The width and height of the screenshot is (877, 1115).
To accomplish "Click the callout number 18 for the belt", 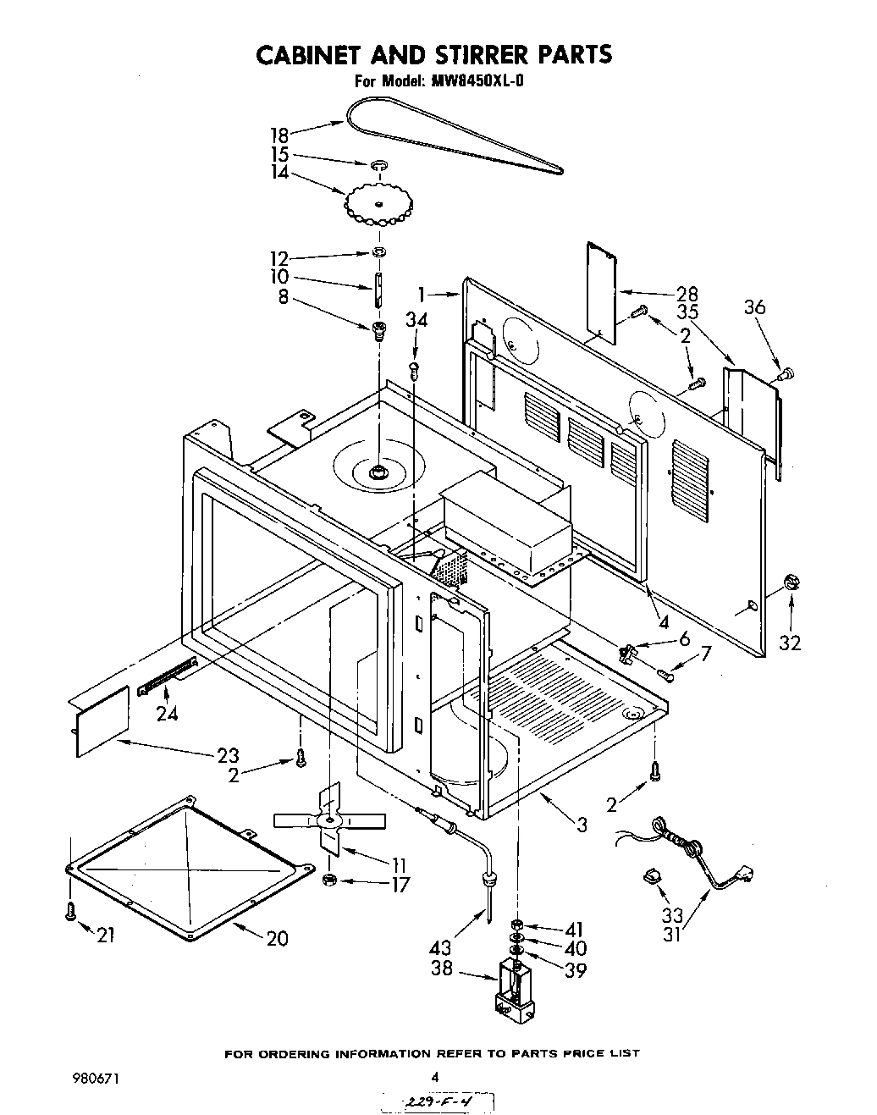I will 279,135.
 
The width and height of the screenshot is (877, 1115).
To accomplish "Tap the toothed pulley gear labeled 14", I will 378,202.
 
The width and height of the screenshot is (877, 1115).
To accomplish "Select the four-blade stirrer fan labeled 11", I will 329,819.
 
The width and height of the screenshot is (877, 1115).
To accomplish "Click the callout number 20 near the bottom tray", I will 277,938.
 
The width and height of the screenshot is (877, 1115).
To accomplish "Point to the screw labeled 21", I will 70,911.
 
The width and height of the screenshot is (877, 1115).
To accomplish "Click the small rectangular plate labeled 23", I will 102,720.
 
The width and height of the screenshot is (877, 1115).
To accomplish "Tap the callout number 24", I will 168,713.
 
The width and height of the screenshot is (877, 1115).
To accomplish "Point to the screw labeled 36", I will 786,369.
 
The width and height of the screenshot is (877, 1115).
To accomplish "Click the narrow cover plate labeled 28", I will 601,290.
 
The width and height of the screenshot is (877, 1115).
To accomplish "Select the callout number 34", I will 416,320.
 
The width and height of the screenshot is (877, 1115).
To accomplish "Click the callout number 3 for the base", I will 582,824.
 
